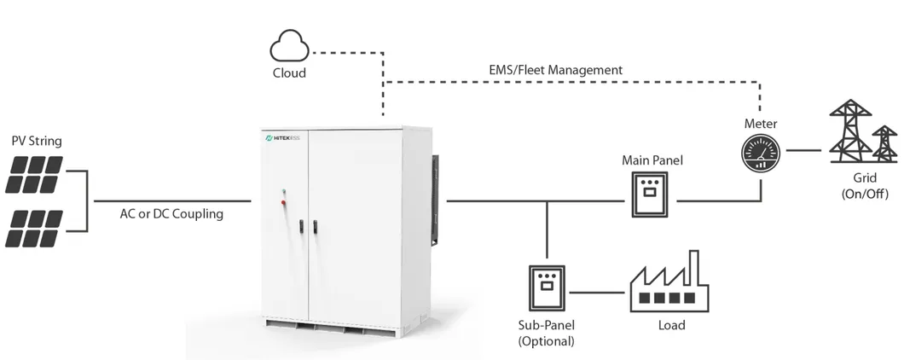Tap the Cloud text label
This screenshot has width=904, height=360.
click(289, 73)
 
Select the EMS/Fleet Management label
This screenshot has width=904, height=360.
click(555, 69)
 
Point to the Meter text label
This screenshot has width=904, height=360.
click(761, 125)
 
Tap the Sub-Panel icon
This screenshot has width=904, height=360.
click(546, 288)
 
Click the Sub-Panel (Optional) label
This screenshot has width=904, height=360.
click(546, 333)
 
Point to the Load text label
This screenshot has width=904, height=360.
click(670, 325)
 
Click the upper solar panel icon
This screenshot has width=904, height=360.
click(35, 173)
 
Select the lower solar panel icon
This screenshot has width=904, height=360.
click(35, 228)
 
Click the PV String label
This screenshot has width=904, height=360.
click(37, 140)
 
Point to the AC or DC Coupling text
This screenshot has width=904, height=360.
click(171, 213)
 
